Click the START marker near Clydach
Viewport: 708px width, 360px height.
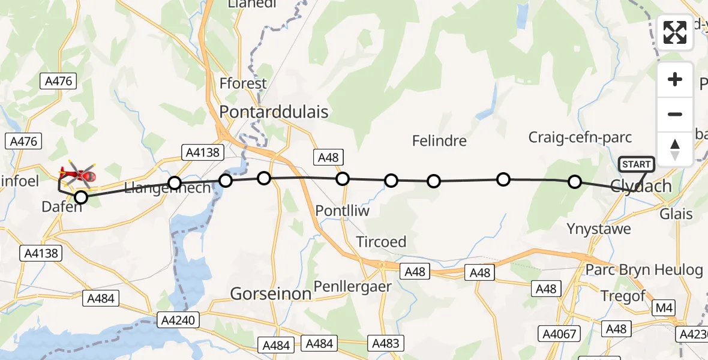pos(637,164)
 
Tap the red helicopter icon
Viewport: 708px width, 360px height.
pos(77,175)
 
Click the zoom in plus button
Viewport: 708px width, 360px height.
pos(675,80)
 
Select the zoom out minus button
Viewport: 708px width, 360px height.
pos(675,115)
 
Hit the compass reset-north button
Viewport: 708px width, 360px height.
pos(675,149)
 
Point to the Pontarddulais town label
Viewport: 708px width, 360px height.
pos(274,112)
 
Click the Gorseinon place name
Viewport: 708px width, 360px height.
pos(271,293)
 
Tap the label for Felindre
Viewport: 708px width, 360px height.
pos(439,141)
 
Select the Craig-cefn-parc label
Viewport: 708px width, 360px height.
pos(580,137)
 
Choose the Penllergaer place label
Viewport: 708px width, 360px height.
pos(353,286)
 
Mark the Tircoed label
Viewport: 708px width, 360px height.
pos(381,242)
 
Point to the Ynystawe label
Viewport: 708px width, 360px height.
pos(599,229)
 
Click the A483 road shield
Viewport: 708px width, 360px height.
pos(386,343)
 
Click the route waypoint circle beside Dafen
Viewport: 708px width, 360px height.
pos(80,197)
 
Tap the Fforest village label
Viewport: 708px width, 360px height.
pos(243,83)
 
